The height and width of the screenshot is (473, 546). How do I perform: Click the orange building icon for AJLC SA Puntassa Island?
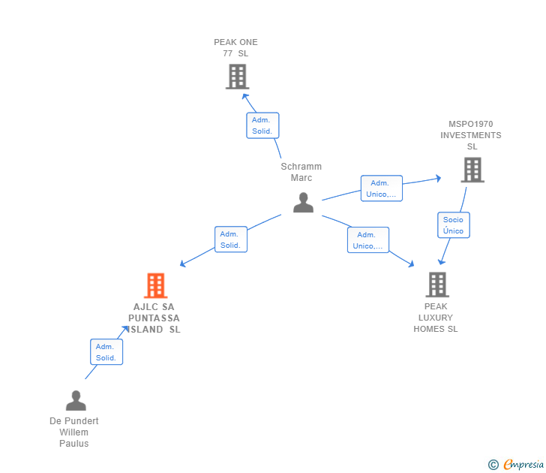click(155, 285)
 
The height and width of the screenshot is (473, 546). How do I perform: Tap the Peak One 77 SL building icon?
click(237, 77)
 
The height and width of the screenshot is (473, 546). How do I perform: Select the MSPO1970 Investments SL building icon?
click(472, 170)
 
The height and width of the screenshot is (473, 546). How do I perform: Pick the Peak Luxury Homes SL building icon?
click(437, 285)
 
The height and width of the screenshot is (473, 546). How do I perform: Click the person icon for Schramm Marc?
click(303, 203)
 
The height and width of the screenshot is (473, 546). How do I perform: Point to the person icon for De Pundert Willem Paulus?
click(76, 400)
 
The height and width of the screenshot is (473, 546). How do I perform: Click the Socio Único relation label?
click(453, 225)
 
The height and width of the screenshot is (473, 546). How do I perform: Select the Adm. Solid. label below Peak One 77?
click(262, 125)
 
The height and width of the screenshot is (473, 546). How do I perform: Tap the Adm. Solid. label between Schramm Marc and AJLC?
click(230, 240)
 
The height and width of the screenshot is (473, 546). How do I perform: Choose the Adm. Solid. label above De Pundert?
click(106, 352)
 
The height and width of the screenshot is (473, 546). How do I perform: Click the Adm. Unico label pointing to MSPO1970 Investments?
click(381, 188)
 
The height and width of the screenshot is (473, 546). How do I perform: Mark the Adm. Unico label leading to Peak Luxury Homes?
click(367, 240)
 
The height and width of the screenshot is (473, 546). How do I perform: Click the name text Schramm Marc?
click(301, 172)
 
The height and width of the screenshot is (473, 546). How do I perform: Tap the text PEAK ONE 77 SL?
click(235, 48)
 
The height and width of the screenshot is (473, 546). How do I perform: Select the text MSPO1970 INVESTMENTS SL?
click(471, 135)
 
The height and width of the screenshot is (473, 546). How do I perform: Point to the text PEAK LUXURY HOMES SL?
click(436, 318)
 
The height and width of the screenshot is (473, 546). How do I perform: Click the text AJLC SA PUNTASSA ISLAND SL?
click(155, 318)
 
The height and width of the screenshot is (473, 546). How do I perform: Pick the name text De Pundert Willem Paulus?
click(74, 432)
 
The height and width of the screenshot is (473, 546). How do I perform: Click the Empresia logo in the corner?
click(523, 465)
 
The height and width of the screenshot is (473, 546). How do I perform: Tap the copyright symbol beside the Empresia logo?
click(493, 465)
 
